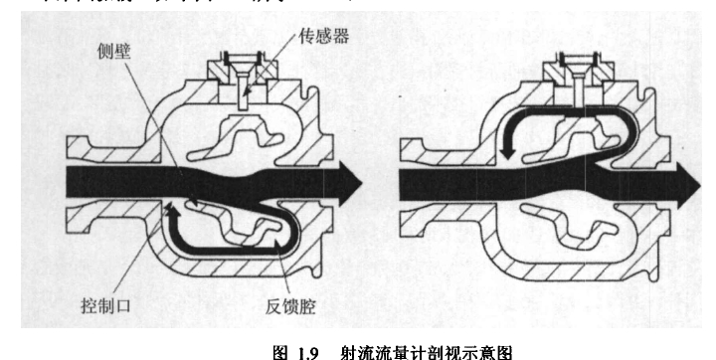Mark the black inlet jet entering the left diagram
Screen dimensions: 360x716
(x=99, y=181)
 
